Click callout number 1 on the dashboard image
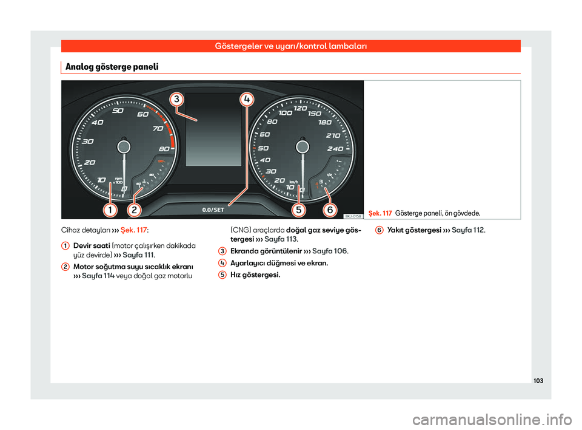coord(110,210)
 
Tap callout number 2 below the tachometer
coord(134,210)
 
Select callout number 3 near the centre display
coord(176,100)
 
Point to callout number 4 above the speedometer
coord(247,100)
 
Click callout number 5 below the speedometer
coord(299,210)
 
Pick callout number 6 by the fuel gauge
coord(330,210)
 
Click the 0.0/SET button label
coord(213,210)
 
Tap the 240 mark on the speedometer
coord(335,149)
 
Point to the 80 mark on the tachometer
coord(164,149)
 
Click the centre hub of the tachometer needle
coord(124,147)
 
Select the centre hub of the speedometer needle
coord(303,147)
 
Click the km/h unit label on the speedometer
coord(293,182)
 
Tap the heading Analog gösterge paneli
coord(112,67)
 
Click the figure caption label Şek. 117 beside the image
coord(380,213)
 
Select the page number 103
coord(538,381)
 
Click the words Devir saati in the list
coord(92,245)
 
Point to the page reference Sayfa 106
coord(330,251)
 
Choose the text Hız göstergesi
coord(255,275)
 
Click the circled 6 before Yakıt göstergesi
coord(379,230)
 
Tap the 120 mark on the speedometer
coord(300,108)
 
